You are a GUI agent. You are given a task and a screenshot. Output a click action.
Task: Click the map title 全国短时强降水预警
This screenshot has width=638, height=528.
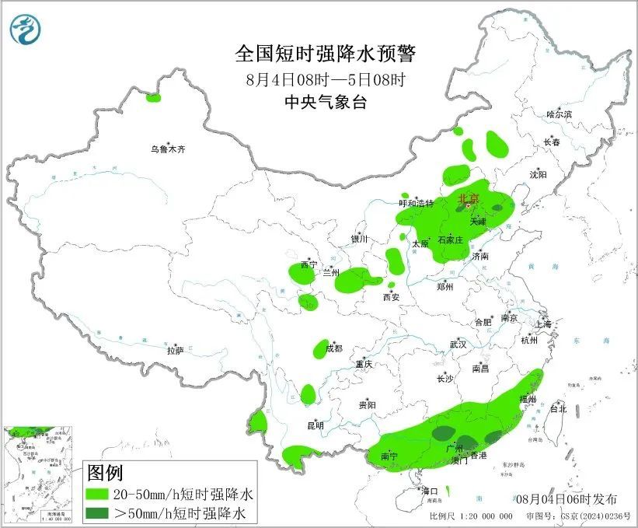pos(326,54)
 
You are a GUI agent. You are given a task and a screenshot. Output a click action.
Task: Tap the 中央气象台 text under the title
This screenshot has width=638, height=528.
pos(326,102)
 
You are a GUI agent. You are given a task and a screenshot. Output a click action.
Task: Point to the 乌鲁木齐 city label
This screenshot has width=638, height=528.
pos(169,149)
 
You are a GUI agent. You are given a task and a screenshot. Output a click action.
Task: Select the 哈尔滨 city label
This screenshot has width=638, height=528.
pos(558,114)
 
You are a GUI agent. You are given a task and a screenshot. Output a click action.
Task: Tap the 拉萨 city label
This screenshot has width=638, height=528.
pos(175,351)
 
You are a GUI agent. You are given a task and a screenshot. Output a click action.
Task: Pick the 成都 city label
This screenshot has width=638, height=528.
pos(333,348)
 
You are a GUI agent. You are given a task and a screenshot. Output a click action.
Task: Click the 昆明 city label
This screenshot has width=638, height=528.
pos(315,425)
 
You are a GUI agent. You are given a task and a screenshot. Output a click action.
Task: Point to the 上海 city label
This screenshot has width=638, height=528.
pos(542,323)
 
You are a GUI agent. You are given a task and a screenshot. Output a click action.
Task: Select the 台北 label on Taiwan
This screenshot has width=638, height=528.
pos(558,408)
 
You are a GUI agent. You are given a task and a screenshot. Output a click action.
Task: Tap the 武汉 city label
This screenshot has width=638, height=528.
pos(458,344)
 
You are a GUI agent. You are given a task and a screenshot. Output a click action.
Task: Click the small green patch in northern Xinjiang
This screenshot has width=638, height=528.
pos(153,98)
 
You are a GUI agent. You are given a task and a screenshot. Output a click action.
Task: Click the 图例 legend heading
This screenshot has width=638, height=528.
pos(105,472)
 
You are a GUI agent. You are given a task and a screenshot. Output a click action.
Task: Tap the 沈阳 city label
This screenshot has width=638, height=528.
pos(538,174)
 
